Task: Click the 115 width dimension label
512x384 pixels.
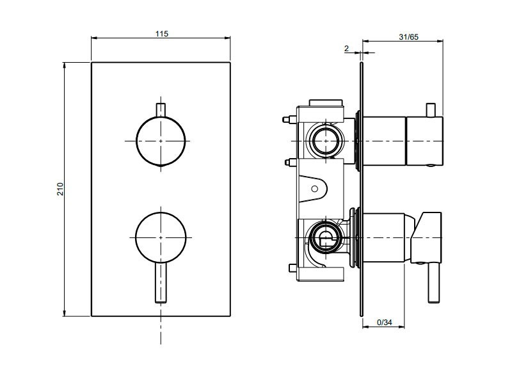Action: coord(162,34)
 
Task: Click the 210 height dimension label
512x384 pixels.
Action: coord(60,189)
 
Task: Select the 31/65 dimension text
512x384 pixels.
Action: coord(408,37)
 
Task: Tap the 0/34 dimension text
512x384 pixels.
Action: coord(385,323)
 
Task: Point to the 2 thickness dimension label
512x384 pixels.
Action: coord(346,49)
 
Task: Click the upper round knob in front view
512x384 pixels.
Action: coord(161,141)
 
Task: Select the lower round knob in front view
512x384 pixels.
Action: coord(161,237)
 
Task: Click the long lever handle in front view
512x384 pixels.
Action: coord(161,282)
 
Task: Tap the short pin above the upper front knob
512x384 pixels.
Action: coord(161,110)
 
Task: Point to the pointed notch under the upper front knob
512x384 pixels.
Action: coord(161,167)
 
